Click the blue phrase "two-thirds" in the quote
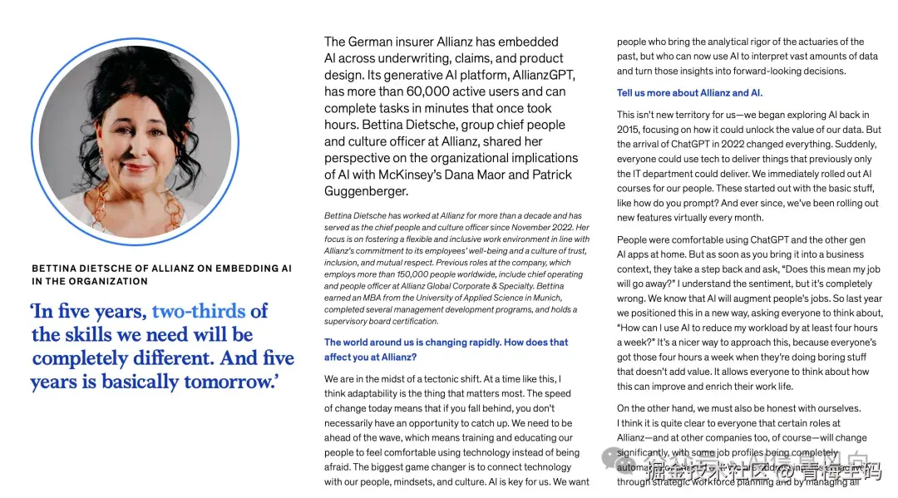tap(199, 312)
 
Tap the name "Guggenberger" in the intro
tap(367, 191)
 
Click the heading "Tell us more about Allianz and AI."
tap(689, 93)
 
